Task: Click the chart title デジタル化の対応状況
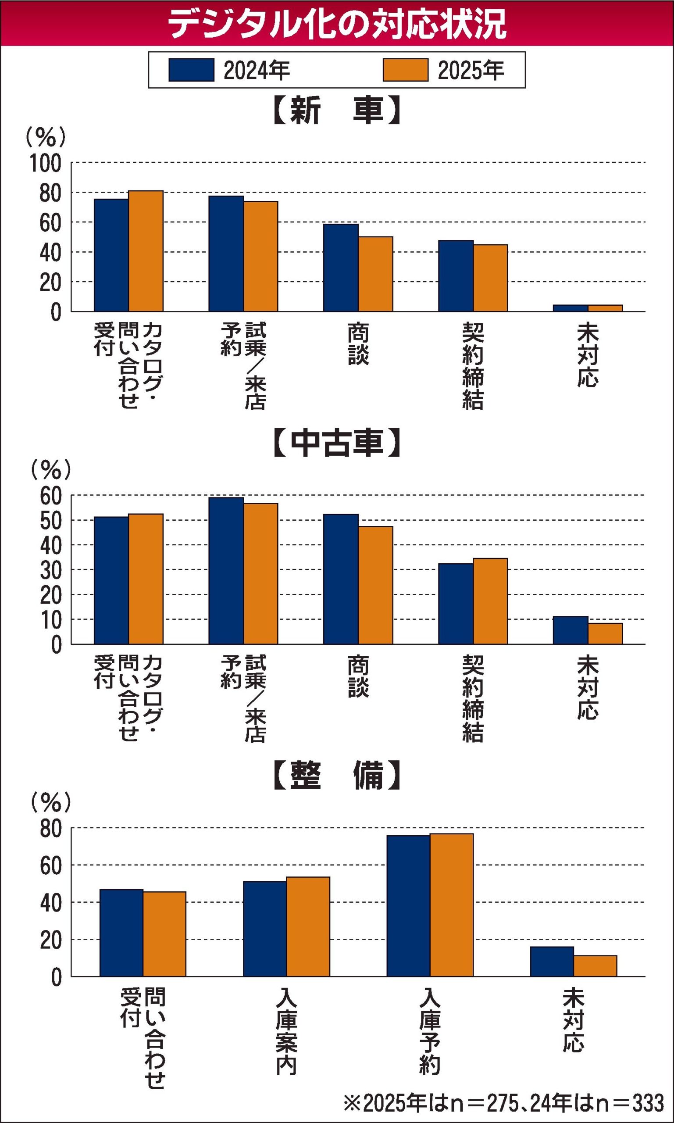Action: pos(337,24)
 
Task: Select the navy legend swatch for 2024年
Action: pos(191,70)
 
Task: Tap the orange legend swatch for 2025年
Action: pos(405,70)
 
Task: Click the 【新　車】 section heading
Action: pos(337,110)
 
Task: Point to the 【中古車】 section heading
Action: pos(337,443)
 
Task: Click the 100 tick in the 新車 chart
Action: pos(46,164)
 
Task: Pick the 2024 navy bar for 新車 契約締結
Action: pos(456,276)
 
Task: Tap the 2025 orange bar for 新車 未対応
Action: pos(605,308)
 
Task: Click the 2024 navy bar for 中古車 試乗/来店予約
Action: pos(226,571)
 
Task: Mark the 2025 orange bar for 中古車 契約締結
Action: pos(491,601)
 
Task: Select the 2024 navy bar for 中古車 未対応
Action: pos(571,630)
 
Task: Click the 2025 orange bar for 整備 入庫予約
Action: pos(452,905)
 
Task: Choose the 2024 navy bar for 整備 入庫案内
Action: pos(265,929)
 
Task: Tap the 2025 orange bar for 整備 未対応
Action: pos(595,966)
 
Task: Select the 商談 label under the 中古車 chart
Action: pos(358,676)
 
